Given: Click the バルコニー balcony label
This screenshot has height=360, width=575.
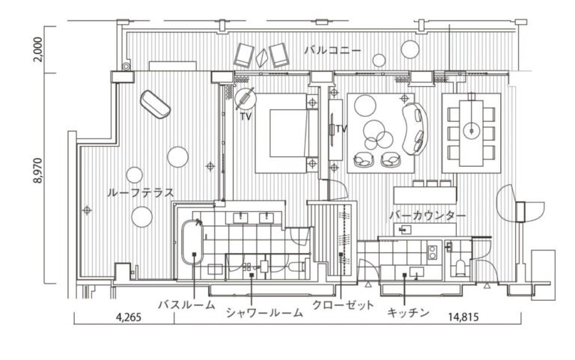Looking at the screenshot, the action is pos(332,50).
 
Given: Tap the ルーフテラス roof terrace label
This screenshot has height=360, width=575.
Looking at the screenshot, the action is pos(140,193).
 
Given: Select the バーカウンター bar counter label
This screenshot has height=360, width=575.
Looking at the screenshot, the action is pos(428,216).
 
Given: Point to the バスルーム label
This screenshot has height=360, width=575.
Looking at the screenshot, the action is pos(187,305).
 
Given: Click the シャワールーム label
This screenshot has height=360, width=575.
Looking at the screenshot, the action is pos(264,313).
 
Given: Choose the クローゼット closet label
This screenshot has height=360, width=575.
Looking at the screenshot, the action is pos(343,305).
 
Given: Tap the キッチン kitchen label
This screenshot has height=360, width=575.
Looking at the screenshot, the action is pos(408,313).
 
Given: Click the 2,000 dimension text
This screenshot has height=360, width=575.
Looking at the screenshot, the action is pos(38,49).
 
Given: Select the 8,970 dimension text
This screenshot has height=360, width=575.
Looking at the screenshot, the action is pos(38,171).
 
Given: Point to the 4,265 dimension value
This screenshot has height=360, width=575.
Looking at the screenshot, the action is pos(129,317).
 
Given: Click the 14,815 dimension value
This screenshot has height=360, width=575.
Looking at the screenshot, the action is pos(463,317).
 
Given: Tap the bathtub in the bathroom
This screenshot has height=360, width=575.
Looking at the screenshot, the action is pos(192,242).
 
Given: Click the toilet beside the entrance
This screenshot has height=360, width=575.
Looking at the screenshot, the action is pos(460,268).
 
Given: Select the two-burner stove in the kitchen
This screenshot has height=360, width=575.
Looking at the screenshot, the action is pos(433,252).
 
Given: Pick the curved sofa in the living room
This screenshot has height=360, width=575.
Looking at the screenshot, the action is pos(415,129).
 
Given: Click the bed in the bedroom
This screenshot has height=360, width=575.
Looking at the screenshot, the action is pos(287,133).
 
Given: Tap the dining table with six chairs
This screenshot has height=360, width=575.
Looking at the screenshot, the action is pos(471,132).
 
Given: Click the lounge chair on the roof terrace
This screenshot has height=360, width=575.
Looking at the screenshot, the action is pos(155,104).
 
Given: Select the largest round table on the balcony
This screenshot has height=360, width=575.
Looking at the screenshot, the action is pos(410,49).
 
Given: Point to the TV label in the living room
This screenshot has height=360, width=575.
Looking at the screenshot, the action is pos(341,129).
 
